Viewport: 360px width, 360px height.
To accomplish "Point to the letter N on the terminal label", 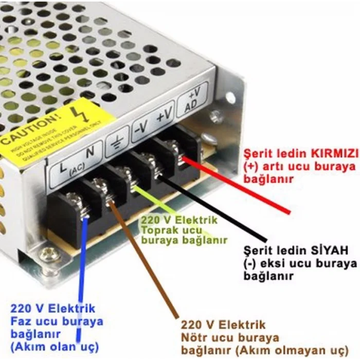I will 89,152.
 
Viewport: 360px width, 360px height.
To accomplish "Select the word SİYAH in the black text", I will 329,250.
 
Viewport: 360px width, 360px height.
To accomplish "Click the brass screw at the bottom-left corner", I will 48,253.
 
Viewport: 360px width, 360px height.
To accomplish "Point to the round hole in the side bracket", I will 229,97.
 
